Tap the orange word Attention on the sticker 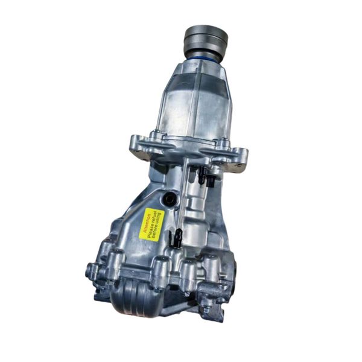(x=146, y=223)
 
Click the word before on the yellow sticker (x=156, y=229)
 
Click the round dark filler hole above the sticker (x=168, y=198)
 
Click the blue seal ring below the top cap (x=203, y=60)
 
